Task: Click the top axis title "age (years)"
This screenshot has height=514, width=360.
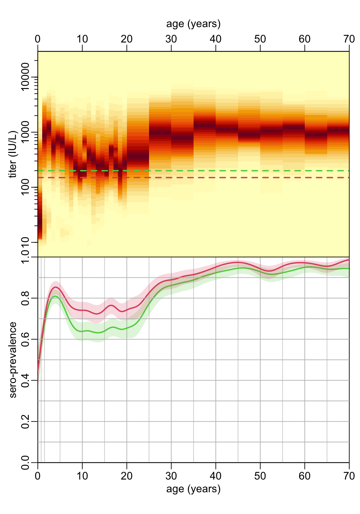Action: point(193,24)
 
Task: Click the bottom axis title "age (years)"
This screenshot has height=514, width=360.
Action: point(193,489)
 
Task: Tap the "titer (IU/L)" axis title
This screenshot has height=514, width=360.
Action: point(13,154)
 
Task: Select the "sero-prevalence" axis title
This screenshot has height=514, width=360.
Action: point(13,360)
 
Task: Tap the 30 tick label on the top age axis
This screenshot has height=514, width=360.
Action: point(171,39)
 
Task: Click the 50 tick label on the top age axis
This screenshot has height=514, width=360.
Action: point(260,39)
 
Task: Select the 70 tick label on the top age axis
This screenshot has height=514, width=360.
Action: point(349,39)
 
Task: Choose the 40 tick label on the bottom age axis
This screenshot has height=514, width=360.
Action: point(216,476)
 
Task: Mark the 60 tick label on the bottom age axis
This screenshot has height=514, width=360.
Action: point(305,476)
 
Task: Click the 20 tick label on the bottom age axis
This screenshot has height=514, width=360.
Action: point(127,476)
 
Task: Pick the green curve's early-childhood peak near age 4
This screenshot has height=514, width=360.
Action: point(55,296)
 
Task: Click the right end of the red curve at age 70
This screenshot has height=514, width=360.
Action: point(349,260)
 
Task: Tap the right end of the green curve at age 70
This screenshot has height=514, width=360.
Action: point(349,268)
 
